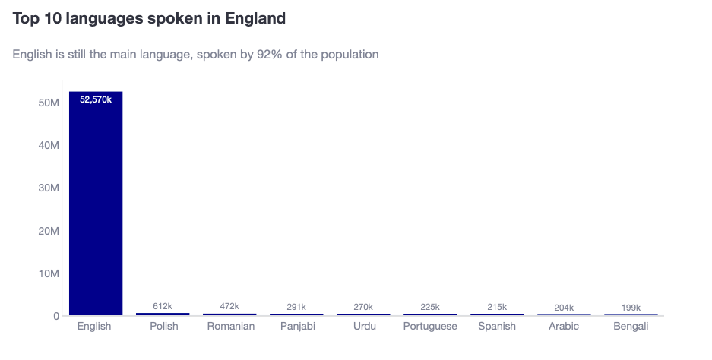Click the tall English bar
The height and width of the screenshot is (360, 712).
96,205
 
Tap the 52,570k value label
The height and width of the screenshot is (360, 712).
96,99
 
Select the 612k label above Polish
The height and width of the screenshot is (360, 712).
163,306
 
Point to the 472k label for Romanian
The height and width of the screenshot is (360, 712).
229,306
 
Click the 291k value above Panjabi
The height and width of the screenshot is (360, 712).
296,307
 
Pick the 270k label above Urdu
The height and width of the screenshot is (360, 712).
363,307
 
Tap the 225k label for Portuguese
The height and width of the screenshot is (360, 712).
430,307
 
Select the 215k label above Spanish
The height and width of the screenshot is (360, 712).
497,307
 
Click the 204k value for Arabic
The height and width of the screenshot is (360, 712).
564,307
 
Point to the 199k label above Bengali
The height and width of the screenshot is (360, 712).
631,307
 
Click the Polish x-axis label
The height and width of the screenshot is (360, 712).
163,327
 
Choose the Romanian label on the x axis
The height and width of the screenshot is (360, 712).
231,327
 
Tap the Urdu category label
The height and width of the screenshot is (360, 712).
365,327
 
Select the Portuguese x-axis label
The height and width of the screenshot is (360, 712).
430,327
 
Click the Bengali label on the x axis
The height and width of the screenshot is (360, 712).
631,327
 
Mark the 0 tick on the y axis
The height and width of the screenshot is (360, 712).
55,316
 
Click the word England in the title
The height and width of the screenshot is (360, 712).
255,19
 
